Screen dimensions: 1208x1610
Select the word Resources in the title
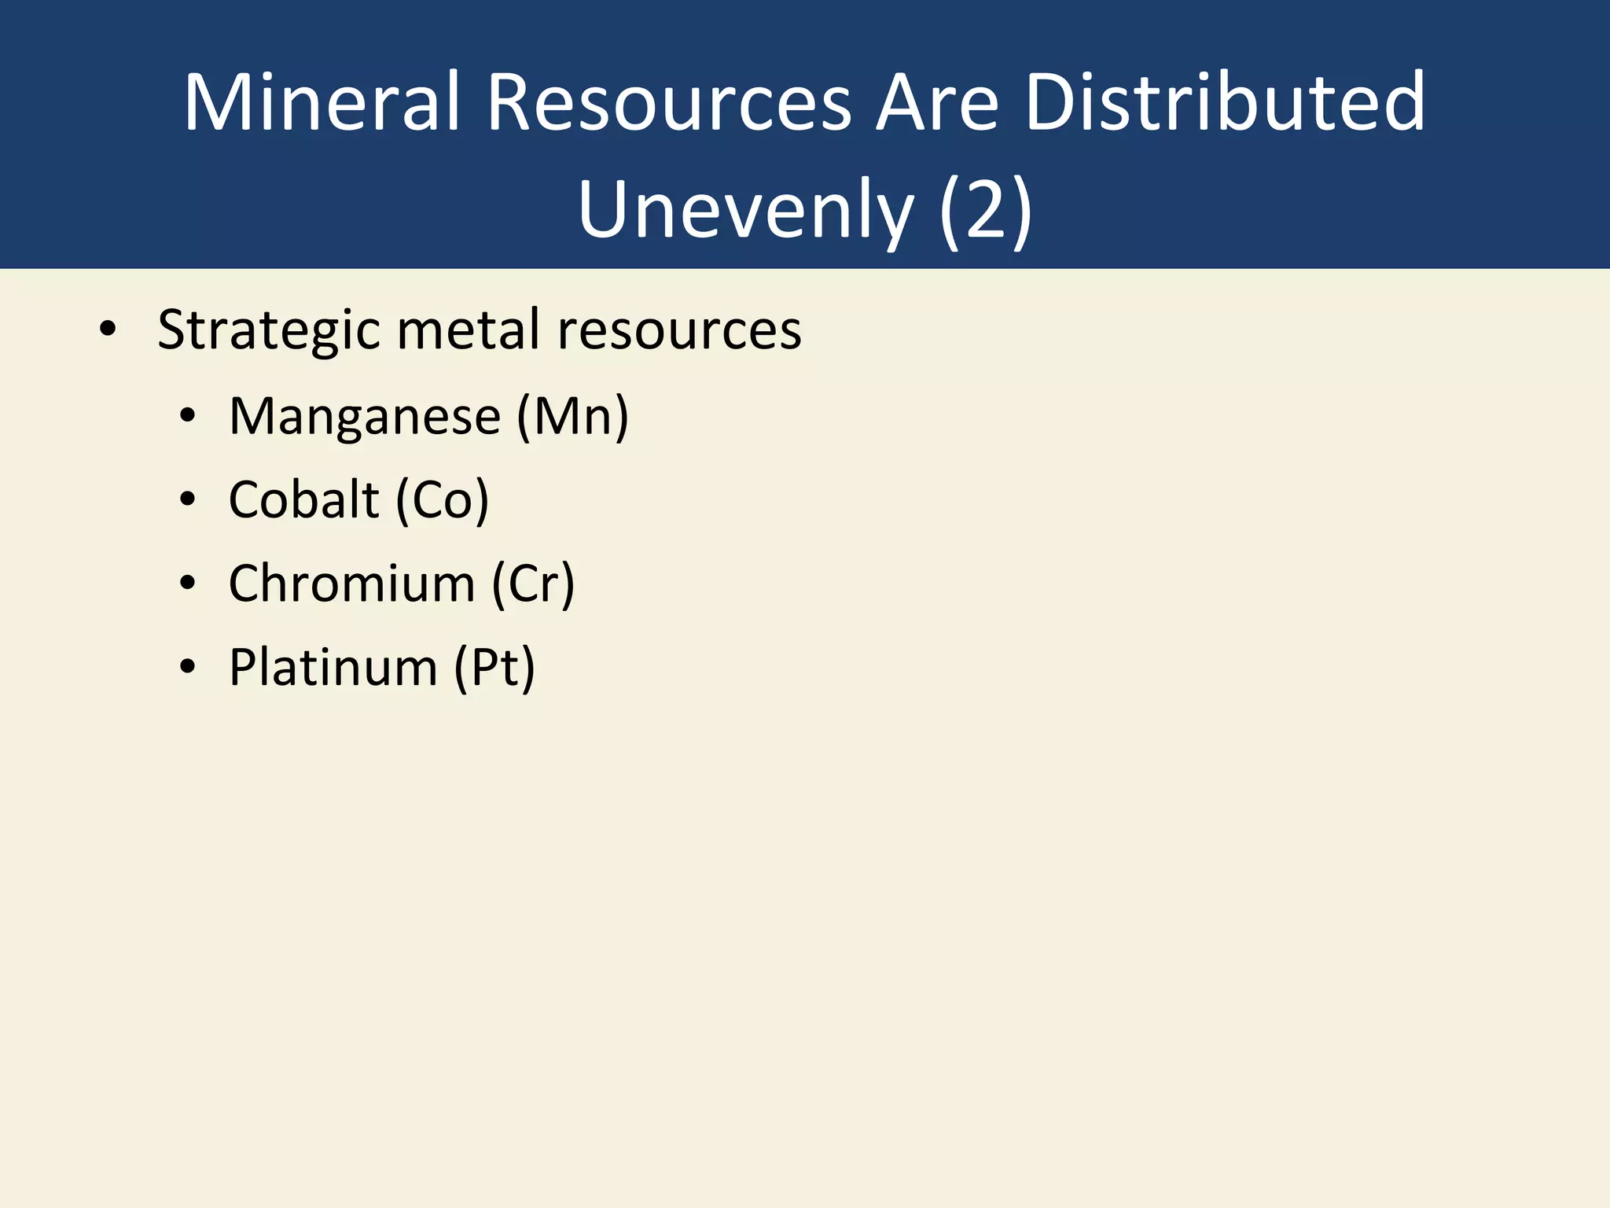click(x=669, y=102)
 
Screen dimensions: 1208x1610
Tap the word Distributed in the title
click(x=1225, y=102)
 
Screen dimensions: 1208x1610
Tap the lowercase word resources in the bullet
click(x=679, y=330)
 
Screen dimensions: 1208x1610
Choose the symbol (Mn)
click(x=572, y=417)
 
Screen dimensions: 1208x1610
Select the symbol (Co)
click(x=443, y=501)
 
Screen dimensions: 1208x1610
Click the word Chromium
click(x=352, y=584)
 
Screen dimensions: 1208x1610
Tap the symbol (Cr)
click(x=534, y=585)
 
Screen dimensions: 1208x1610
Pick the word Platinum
click(x=333, y=668)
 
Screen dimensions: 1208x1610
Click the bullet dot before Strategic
click(x=108, y=330)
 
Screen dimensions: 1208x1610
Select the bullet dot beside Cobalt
click(x=187, y=500)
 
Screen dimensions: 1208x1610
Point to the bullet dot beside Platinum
click(x=187, y=668)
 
